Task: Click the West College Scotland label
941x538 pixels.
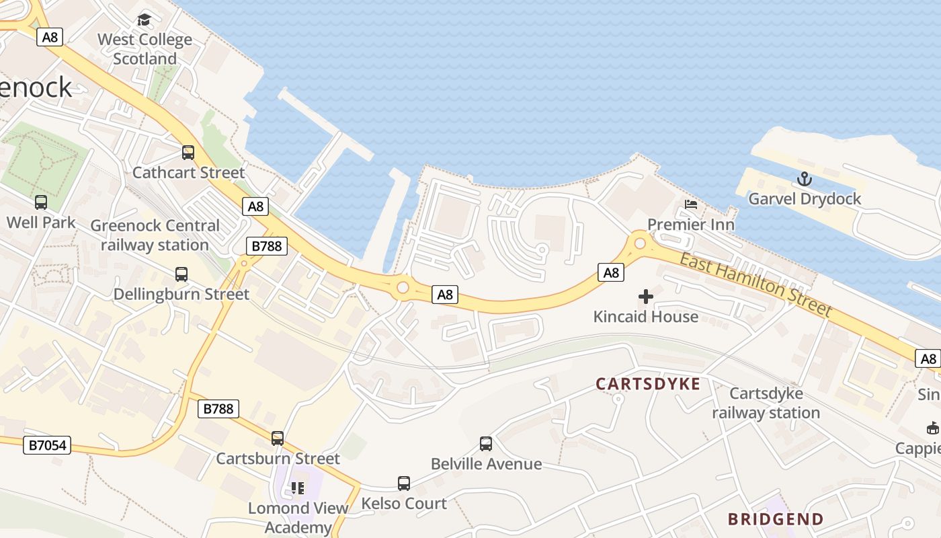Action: pos(145,49)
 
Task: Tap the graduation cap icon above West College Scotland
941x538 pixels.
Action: pos(144,20)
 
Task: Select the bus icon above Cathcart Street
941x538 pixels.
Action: pos(188,153)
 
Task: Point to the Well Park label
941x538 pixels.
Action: pos(41,222)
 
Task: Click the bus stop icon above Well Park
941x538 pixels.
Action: pos(41,202)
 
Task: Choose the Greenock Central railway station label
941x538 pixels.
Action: pos(155,235)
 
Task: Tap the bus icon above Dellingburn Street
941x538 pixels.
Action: pos(181,274)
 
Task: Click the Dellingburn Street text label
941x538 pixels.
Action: pos(181,294)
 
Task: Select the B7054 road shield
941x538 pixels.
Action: pos(47,445)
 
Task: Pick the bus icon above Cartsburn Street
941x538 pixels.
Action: pos(278,438)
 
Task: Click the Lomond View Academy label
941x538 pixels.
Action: pos(298,517)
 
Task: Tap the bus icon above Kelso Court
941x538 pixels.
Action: pos(404,484)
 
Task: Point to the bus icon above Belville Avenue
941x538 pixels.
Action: pos(486,444)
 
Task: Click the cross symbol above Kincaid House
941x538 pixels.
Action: pos(646,296)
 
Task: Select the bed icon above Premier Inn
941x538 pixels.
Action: pos(691,204)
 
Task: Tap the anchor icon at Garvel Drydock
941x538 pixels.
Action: pos(805,179)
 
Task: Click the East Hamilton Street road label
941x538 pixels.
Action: pos(756,285)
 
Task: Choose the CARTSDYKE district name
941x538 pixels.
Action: pos(648,384)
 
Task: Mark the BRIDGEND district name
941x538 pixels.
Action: pos(776,519)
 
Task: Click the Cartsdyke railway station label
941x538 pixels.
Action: pos(766,403)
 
